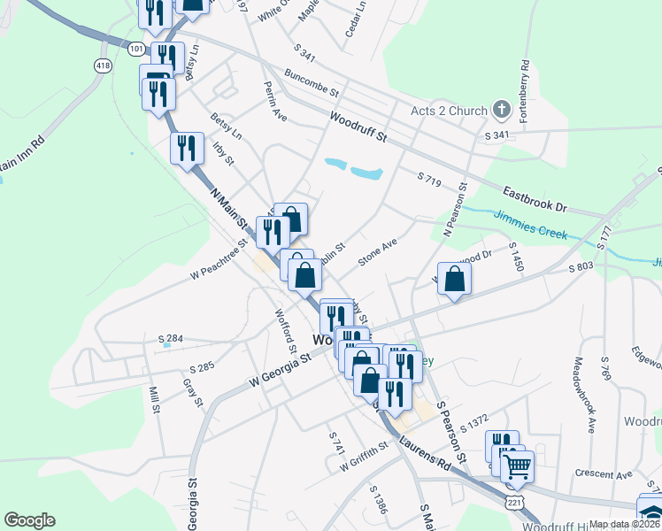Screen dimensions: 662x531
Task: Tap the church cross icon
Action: (x=502, y=110)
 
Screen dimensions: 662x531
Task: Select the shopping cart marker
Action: (x=517, y=466)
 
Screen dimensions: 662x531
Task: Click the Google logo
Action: (x=29, y=520)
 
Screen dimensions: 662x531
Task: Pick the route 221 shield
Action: (x=513, y=502)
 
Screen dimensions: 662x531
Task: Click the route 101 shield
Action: (x=135, y=46)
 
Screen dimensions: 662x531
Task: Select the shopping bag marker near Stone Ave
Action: (x=454, y=281)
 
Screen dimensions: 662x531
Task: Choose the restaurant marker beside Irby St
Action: (x=187, y=149)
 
